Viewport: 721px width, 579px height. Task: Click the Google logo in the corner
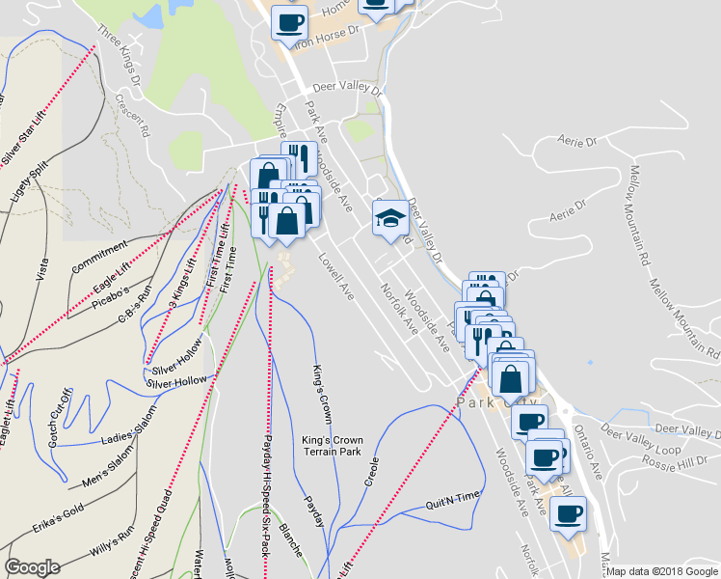click(32, 567)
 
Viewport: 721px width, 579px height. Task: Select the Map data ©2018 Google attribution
click(662, 571)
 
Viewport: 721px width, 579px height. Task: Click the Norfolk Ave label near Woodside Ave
click(398, 309)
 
